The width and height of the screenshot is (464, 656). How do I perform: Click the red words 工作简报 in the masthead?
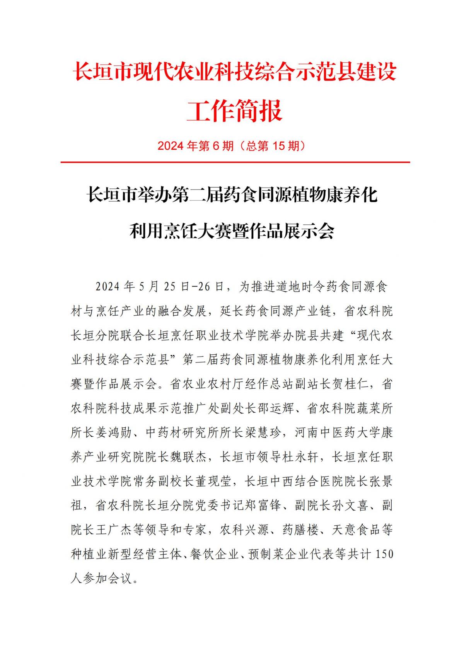pyautogui.click(x=234, y=111)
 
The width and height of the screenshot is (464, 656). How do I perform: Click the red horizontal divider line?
pyautogui.click(x=235, y=162)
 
